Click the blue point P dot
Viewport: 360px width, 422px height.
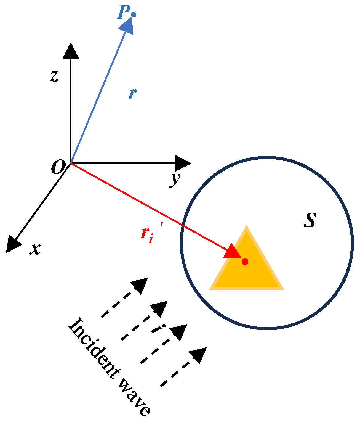[x=134, y=15]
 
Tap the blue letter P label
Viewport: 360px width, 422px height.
[x=123, y=13]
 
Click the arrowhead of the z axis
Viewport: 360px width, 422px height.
[x=71, y=51]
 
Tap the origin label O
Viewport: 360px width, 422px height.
[x=58, y=167]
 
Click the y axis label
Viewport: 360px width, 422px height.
[x=175, y=180]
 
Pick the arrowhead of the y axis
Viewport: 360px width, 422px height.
[x=183, y=163]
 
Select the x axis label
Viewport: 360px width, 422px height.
[x=35, y=249]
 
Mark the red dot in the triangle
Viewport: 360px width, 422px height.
[x=245, y=261]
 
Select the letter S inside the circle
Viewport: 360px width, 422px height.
[x=310, y=220]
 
